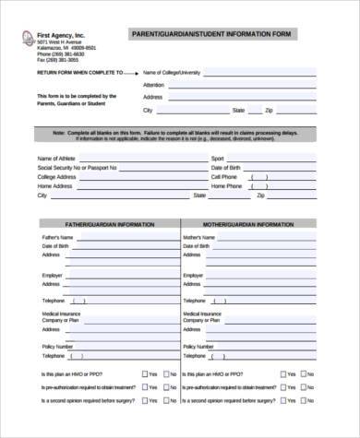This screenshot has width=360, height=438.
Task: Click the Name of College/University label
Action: (172, 71)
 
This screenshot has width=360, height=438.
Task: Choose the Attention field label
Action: (154, 84)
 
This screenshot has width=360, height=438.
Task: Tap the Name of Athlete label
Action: (56, 159)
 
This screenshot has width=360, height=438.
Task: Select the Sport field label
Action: (217, 159)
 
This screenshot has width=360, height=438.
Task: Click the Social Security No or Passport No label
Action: (78, 168)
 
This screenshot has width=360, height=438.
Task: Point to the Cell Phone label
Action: (225, 177)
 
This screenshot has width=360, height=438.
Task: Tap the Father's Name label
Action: (55, 238)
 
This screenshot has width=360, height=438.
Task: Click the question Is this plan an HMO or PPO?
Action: (78, 373)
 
